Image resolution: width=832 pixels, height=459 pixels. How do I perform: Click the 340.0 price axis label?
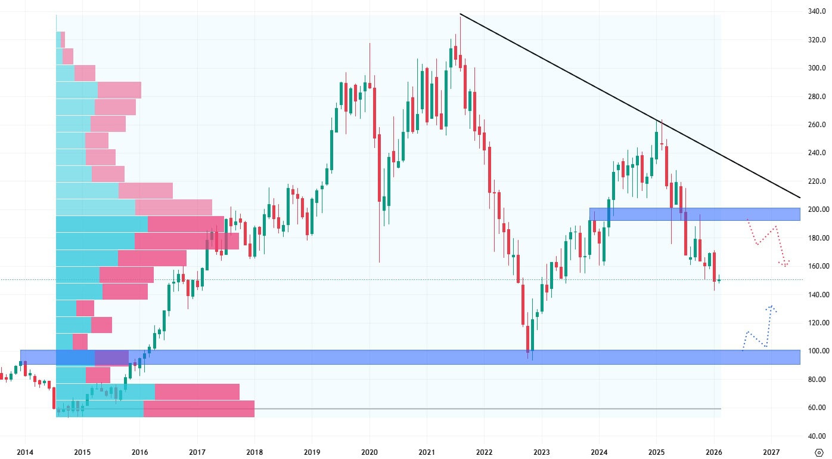click(816, 11)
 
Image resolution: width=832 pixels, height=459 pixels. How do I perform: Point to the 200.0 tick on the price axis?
click(816, 210)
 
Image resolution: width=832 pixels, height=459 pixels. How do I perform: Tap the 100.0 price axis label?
click(816, 351)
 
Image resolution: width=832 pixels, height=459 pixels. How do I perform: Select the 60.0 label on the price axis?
click(816, 408)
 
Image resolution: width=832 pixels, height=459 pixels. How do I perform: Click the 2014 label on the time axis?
click(24, 452)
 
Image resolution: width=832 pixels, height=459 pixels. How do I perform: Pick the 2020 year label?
click(370, 452)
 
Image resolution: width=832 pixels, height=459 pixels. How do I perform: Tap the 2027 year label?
click(771, 452)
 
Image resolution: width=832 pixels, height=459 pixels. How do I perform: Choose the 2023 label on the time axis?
click(542, 452)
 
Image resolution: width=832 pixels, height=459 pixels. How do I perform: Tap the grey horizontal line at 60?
click(477, 408)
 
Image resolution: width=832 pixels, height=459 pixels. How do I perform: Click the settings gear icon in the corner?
click(818, 452)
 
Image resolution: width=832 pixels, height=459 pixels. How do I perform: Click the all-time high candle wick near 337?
click(460, 24)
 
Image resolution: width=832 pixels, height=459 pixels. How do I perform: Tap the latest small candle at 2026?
click(719, 280)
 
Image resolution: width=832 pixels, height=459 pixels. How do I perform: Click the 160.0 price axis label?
click(816, 266)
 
